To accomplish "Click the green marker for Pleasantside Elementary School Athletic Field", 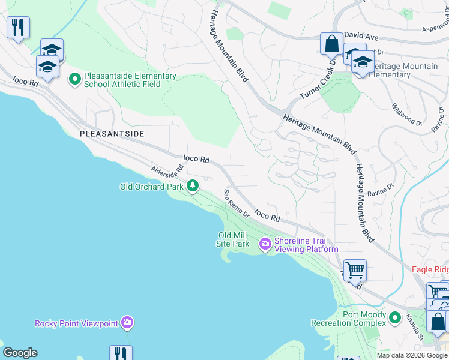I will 75,79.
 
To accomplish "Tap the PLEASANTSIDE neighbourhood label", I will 113,133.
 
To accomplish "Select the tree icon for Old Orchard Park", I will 193,186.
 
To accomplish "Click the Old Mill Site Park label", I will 234,239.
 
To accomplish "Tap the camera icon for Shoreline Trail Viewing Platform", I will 265,244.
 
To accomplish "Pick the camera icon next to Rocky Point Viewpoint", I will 127,323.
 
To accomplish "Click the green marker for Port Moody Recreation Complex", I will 394,317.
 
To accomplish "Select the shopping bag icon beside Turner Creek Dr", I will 331,44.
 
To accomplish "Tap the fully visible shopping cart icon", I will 355,271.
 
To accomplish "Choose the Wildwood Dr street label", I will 407,113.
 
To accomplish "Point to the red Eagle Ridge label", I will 430,269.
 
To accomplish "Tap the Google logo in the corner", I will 20,353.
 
